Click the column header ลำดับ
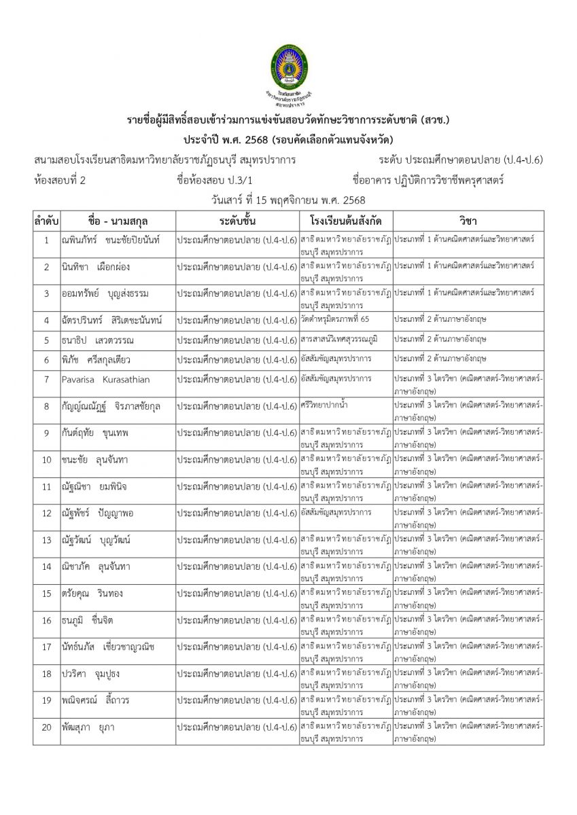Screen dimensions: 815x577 click(x=46, y=221)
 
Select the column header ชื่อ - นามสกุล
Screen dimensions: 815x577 click(x=118, y=221)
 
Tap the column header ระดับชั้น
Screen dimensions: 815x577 click(x=237, y=221)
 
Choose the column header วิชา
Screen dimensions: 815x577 click(x=468, y=221)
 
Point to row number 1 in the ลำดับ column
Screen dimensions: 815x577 click(x=46, y=240)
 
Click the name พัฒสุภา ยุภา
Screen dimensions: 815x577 click(x=88, y=727)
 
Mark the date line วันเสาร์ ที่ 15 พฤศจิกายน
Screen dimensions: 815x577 click(x=288, y=200)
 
